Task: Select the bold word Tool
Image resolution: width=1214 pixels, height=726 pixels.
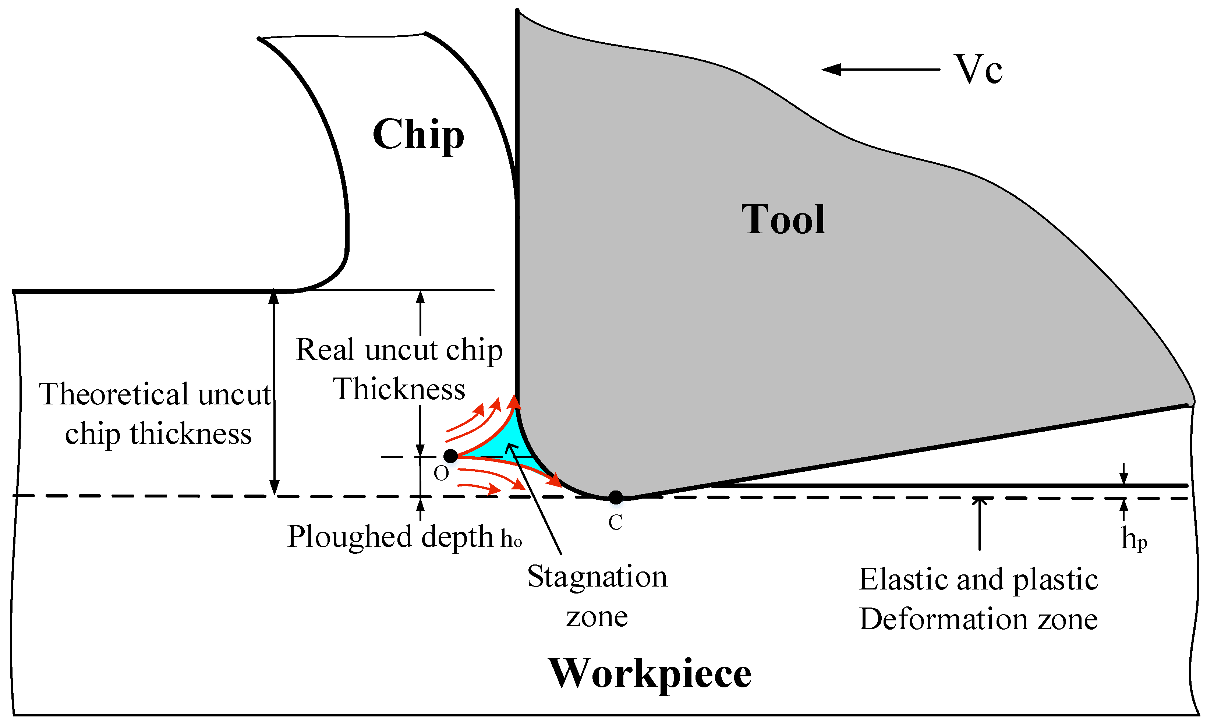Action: coord(783,220)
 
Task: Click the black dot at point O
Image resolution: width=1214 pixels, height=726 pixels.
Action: coord(450,456)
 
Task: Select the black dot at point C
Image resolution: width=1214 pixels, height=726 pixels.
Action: coord(616,497)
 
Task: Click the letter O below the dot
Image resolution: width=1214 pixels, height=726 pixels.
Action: coord(441,474)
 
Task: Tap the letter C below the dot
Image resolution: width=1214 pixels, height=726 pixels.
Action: coord(615,523)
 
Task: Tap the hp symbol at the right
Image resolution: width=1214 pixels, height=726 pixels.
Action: coord(1134,539)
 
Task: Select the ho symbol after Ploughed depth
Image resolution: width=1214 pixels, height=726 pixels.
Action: coord(511,539)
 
